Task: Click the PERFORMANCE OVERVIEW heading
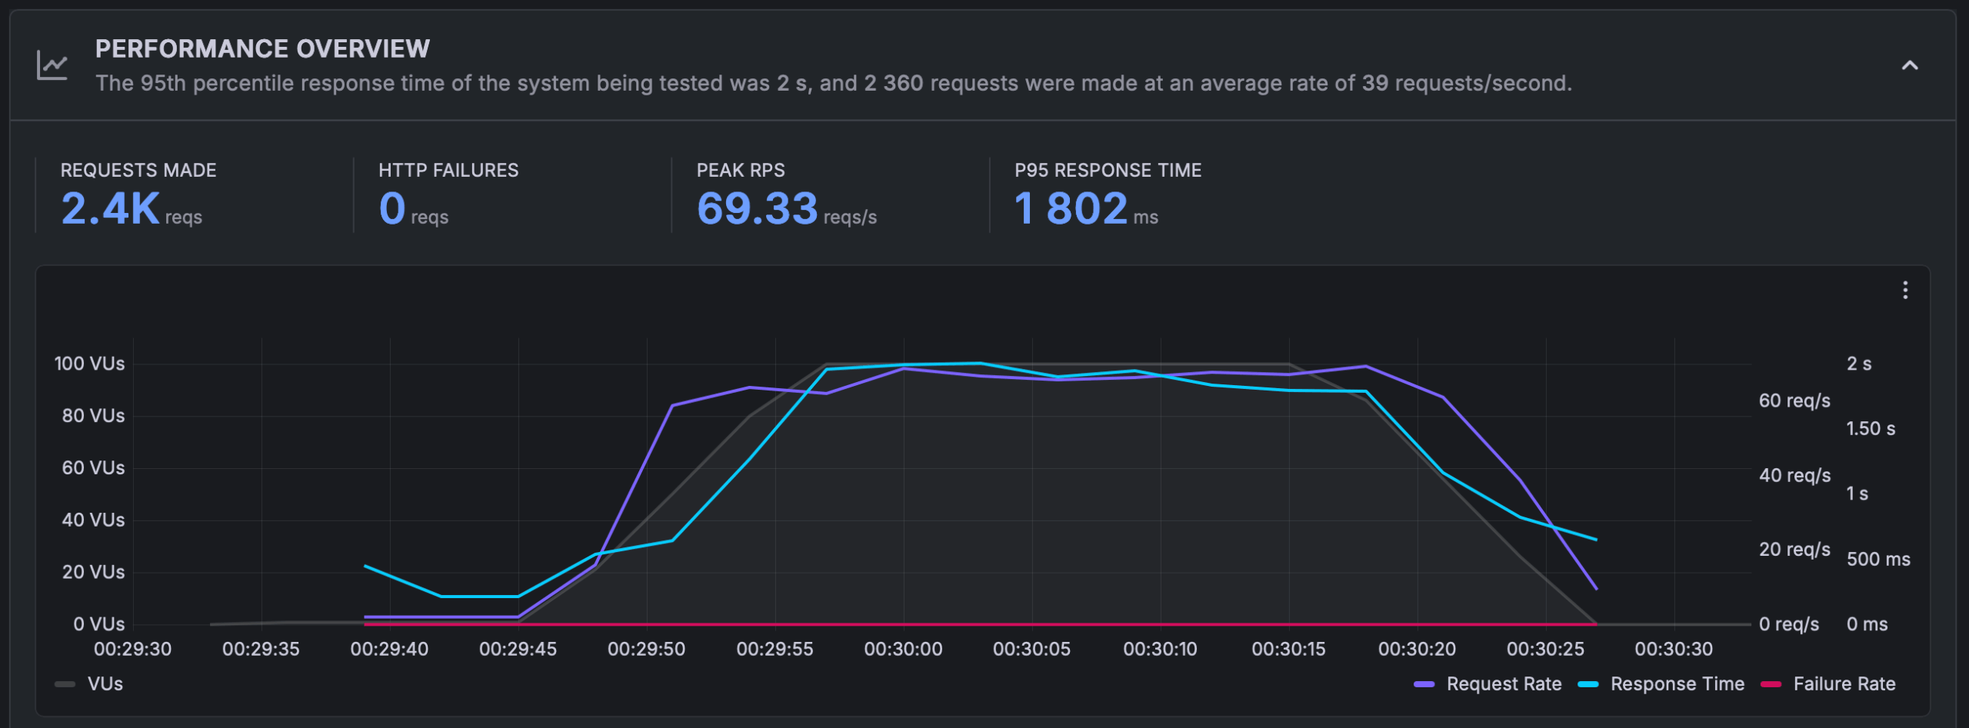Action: click(262, 49)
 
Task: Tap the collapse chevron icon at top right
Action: click(1910, 65)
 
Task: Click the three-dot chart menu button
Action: click(1905, 290)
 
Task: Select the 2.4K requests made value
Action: click(111, 208)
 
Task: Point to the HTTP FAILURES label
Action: click(448, 170)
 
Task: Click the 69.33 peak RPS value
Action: click(757, 208)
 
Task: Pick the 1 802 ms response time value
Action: click(1071, 208)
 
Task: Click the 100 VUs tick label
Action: click(89, 364)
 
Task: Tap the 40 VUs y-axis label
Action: click(93, 520)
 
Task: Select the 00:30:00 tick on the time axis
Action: click(903, 649)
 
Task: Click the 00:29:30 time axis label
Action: click(132, 649)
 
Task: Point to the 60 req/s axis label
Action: click(1794, 401)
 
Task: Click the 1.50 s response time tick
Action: click(1871, 429)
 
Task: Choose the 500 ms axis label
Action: click(1878, 560)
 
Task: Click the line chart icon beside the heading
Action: click(52, 65)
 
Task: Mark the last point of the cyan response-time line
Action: click(1597, 540)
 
